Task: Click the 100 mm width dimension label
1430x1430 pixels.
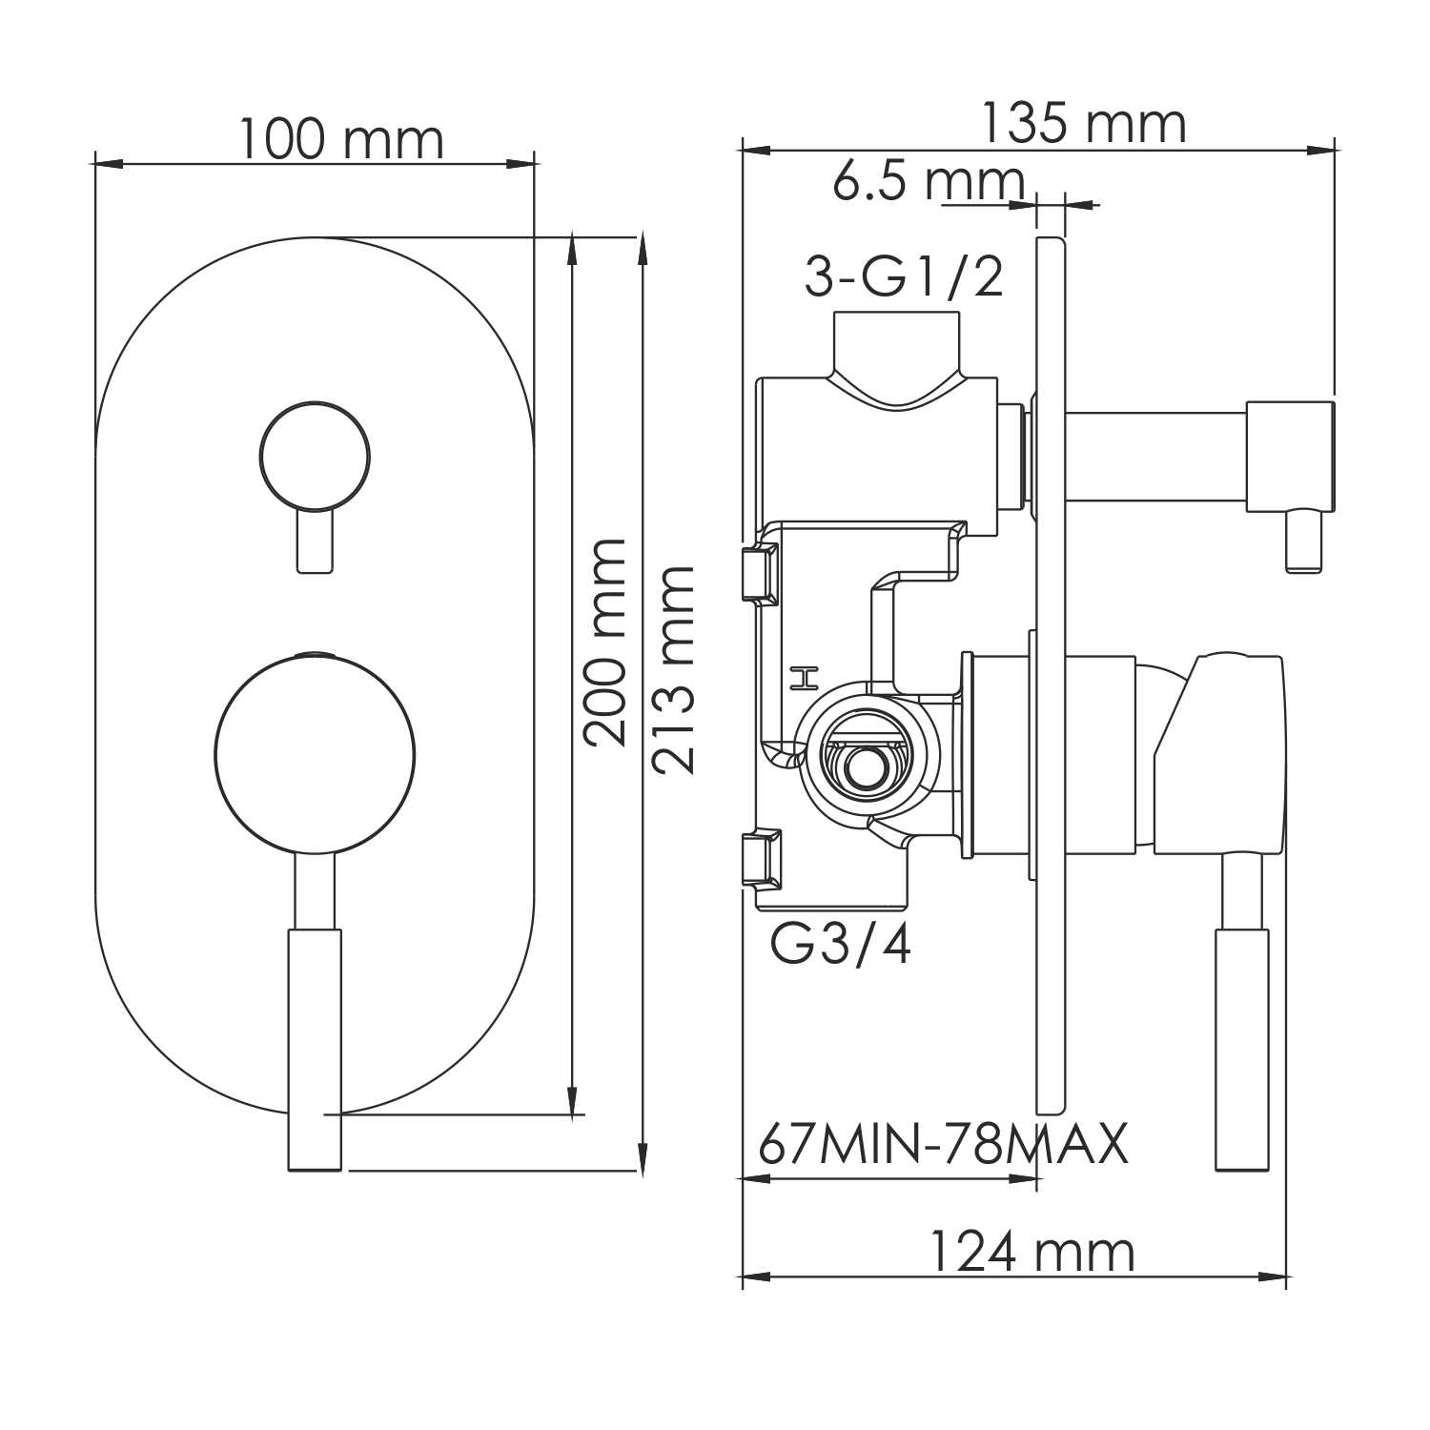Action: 340,140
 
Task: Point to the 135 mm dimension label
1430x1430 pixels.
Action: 1083,124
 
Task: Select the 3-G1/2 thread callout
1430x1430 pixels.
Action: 904,277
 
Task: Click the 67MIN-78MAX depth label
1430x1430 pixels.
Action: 943,1144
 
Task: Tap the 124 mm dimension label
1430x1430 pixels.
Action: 1032,1252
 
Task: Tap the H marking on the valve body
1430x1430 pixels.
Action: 806,678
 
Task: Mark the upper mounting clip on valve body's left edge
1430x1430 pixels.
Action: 761,573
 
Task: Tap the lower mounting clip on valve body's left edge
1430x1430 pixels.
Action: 761,857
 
